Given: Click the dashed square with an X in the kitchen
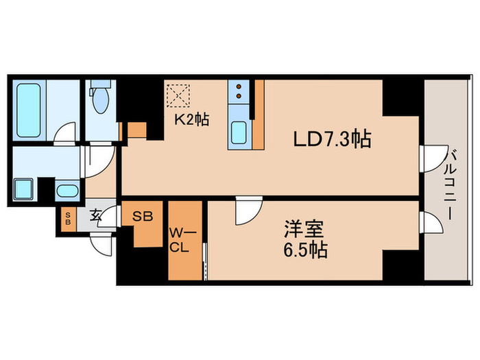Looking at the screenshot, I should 178,95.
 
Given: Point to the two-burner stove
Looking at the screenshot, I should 239,93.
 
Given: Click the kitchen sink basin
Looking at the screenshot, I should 239,132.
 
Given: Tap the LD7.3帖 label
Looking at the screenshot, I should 333,141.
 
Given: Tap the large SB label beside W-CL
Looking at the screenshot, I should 143,216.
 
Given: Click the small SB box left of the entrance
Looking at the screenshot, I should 67,219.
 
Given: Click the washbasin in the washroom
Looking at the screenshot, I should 67,191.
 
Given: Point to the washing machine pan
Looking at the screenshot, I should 25,189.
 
